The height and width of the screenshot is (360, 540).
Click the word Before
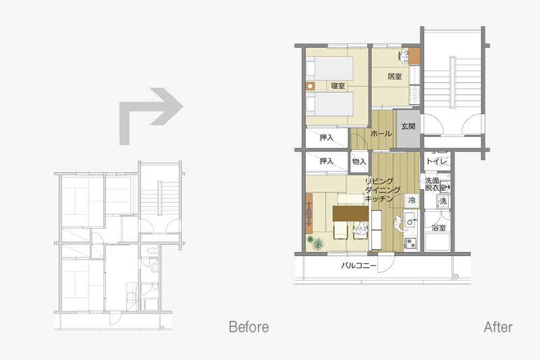click(x=248, y=327)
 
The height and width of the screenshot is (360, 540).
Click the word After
click(x=498, y=327)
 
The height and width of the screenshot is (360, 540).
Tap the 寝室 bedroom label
click(x=337, y=86)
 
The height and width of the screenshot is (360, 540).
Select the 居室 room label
click(x=394, y=76)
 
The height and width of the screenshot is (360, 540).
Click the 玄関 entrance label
click(x=408, y=126)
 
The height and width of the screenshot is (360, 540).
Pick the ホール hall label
click(x=381, y=133)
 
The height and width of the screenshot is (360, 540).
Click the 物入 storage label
click(x=359, y=161)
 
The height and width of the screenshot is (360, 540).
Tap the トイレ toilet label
click(x=436, y=161)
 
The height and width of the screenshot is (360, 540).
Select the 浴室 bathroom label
click(x=438, y=228)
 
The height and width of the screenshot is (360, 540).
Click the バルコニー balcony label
click(x=358, y=265)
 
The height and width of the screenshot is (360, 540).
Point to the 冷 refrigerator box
click(x=412, y=200)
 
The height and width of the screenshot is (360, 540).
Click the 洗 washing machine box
click(x=443, y=201)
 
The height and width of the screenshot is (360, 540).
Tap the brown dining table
click(x=350, y=213)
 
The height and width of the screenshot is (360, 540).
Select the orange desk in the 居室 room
click(x=414, y=56)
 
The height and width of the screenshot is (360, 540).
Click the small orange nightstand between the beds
click(x=310, y=86)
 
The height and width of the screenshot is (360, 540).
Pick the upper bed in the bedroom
click(x=329, y=68)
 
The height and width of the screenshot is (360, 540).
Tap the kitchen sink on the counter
click(x=410, y=220)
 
